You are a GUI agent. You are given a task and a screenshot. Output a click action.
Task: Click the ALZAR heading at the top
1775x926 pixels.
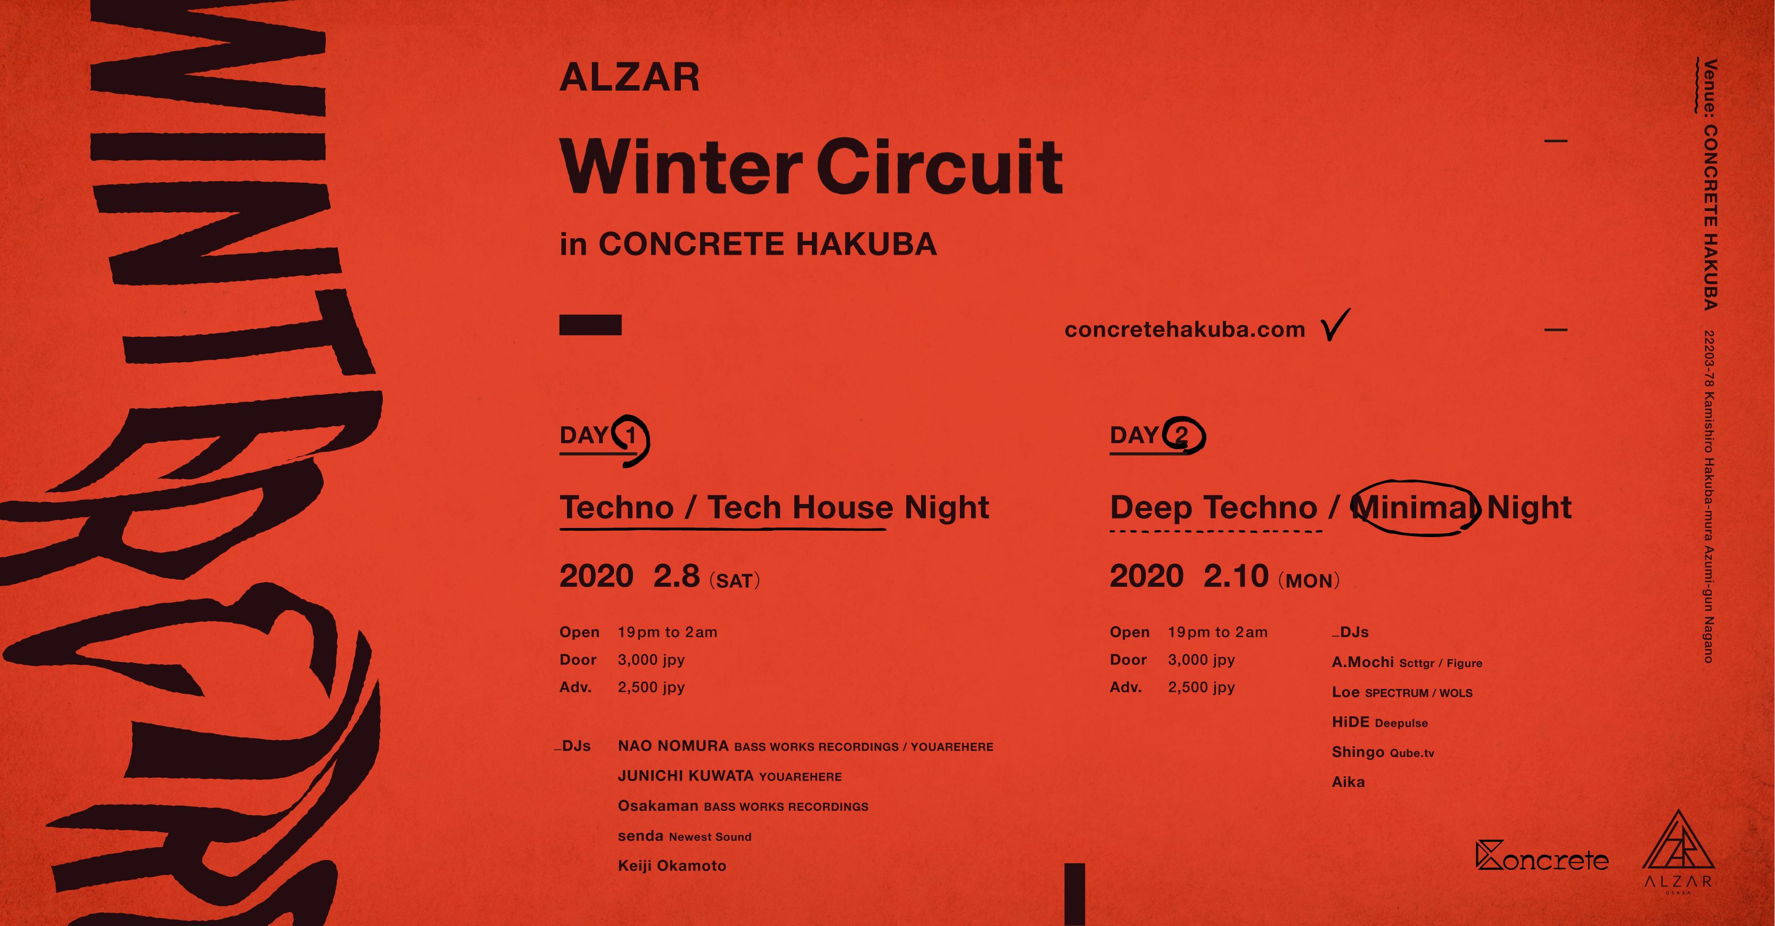click(629, 77)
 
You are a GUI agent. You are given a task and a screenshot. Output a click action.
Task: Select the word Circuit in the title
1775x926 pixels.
click(939, 167)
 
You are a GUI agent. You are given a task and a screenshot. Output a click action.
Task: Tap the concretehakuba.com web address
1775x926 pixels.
click(1185, 330)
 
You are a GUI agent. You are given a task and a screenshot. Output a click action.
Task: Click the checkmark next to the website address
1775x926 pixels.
click(1335, 325)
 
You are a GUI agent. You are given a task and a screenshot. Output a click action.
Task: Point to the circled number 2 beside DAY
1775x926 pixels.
click(1182, 436)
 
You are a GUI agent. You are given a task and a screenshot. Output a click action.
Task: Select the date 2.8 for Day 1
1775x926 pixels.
click(676, 576)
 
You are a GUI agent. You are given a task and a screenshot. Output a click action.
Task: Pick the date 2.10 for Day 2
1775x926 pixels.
click(1236, 576)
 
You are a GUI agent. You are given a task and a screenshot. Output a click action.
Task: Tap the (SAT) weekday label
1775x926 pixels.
click(735, 581)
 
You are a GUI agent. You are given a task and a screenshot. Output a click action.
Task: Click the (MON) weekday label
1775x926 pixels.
click(1309, 581)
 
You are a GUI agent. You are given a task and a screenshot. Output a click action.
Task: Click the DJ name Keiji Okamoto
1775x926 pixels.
click(672, 865)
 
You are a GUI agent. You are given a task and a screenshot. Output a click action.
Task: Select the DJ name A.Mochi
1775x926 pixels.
click(1362, 662)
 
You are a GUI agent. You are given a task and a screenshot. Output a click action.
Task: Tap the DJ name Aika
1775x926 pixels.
click(1348, 782)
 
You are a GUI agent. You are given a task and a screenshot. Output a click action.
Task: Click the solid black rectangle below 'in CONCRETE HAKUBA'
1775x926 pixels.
click(590, 325)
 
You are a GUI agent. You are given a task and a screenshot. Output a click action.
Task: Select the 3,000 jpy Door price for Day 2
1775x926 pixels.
click(1201, 660)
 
